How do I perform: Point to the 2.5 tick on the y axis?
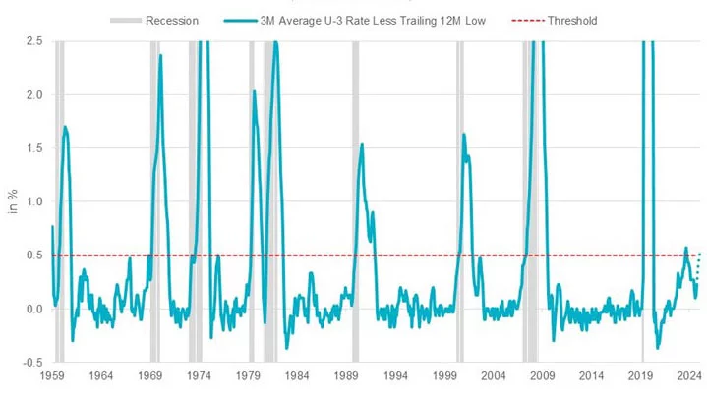tap(33, 41)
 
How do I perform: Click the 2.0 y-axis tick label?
tap(33, 94)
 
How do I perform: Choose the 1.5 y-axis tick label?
tap(33, 148)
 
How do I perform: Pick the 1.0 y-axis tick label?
tap(33, 201)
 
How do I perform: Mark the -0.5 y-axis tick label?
tap(31, 362)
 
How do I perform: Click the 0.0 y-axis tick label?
tap(33, 309)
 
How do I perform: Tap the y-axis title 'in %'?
tap(13, 201)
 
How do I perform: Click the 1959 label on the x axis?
tap(52, 376)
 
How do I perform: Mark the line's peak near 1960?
tap(65, 127)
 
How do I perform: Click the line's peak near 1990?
tap(362, 145)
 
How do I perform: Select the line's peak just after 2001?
tap(463, 135)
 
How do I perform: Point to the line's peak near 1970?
tap(160, 55)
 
